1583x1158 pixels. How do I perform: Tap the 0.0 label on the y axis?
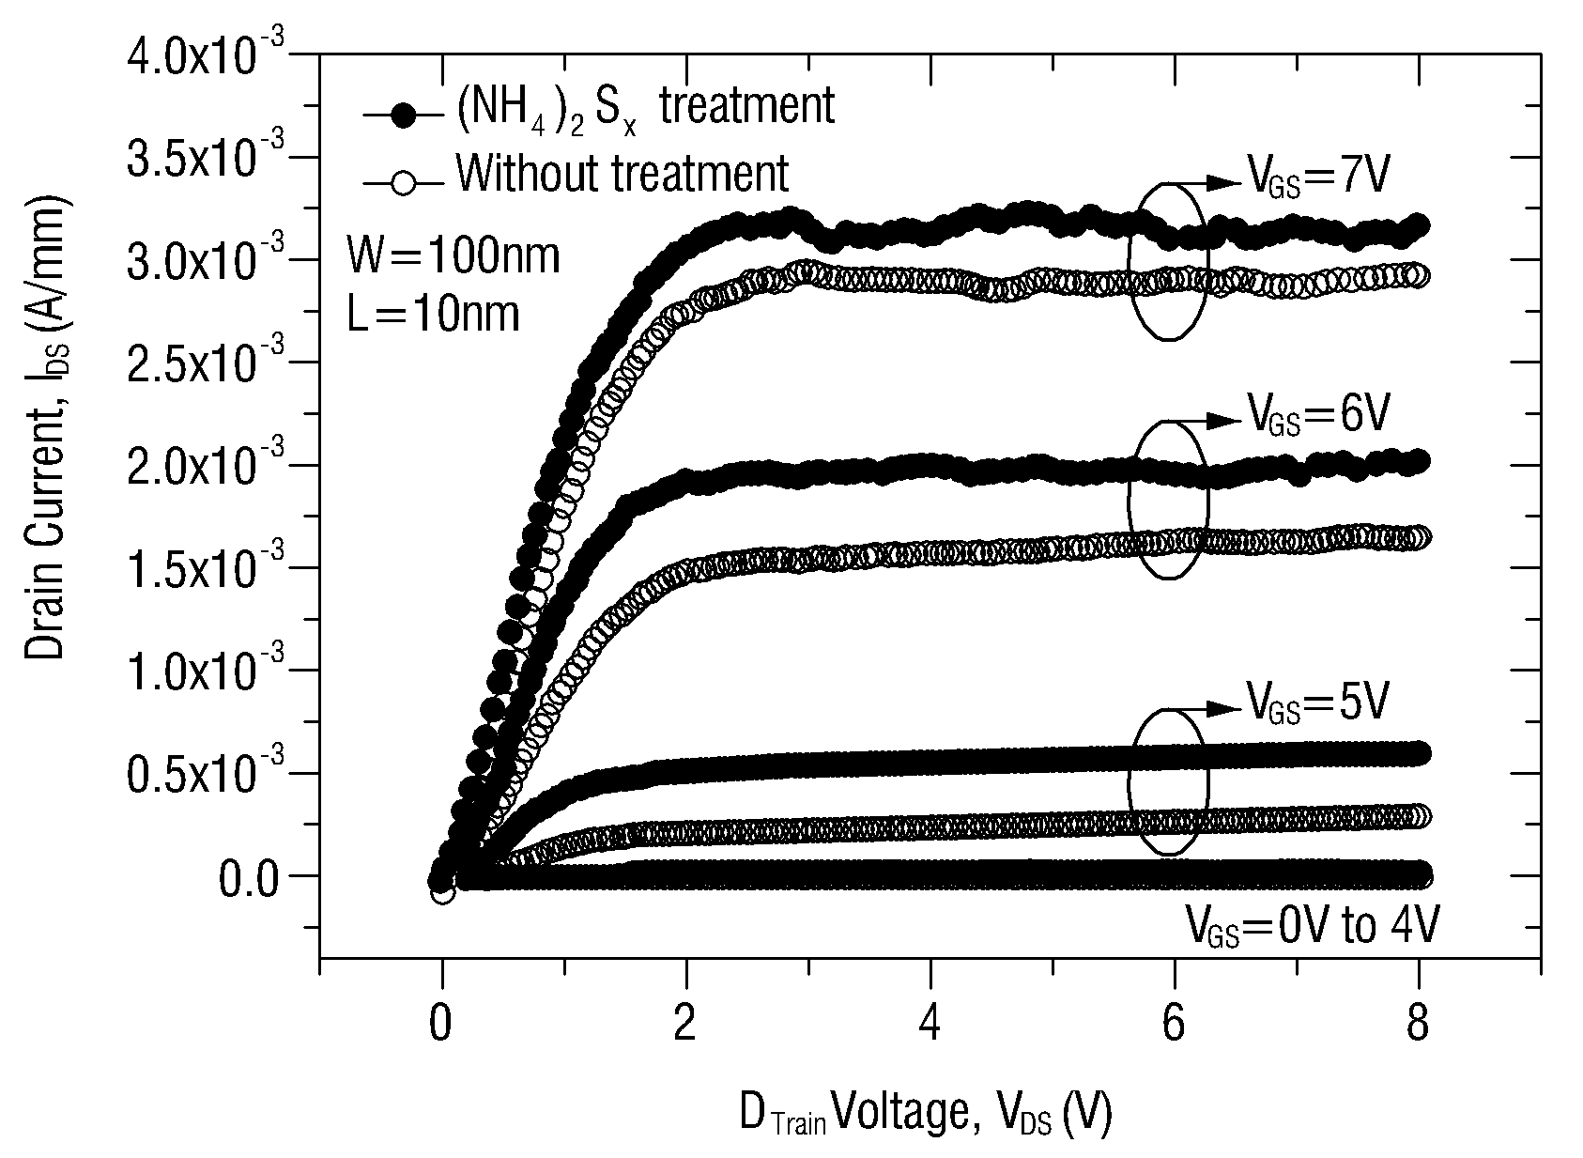coord(249,879)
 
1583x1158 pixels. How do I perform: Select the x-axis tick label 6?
coord(1173,1022)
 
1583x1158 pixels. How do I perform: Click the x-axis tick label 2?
coord(684,1022)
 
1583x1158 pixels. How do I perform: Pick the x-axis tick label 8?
coord(1418,1022)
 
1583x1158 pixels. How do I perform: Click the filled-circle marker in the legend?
coord(404,114)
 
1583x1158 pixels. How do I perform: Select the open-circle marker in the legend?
coord(404,184)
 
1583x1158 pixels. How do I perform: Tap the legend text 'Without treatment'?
coord(622,173)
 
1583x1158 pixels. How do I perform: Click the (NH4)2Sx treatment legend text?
coord(645,108)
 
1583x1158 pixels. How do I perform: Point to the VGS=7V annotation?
coord(1318,177)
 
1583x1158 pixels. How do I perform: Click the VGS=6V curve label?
coord(1318,414)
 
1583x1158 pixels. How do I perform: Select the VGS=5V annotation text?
coord(1318,702)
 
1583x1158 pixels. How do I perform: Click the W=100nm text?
coord(453,255)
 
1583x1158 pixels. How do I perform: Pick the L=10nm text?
coord(433,313)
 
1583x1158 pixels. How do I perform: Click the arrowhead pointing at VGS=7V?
coord(1222,183)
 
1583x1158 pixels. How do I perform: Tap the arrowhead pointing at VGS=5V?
coord(1222,708)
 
